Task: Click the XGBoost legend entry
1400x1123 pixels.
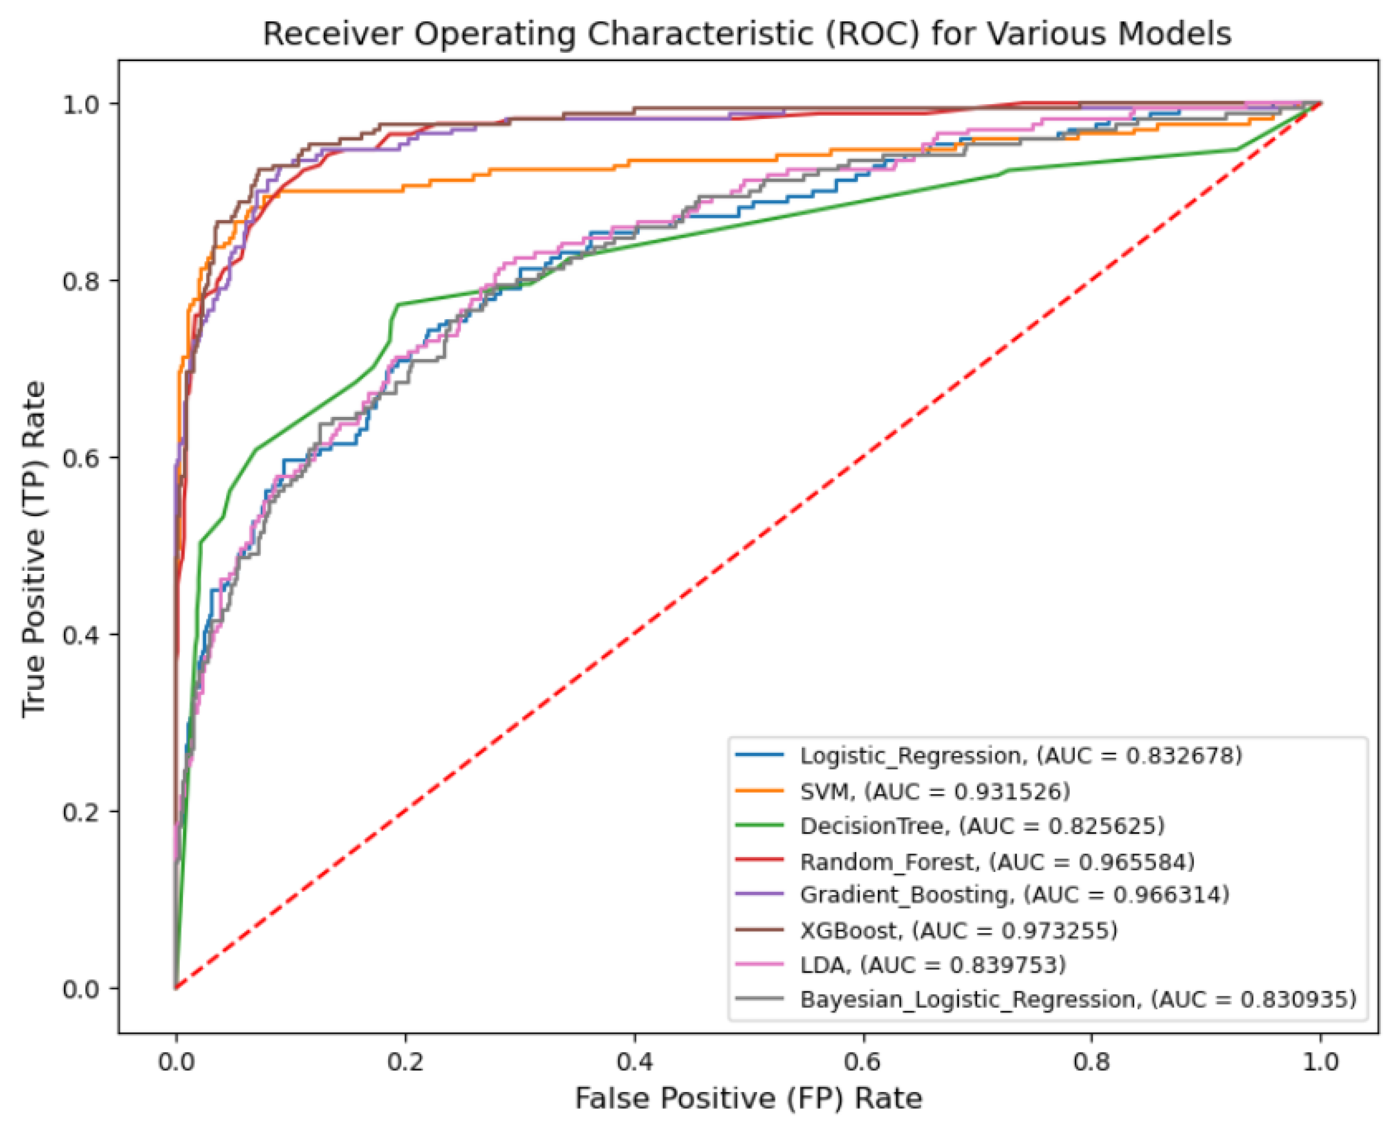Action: pyautogui.click(x=958, y=930)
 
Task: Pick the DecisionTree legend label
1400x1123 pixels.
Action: pyautogui.click(x=870, y=826)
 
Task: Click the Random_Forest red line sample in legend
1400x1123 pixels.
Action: pyautogui.click(x=760, y=860)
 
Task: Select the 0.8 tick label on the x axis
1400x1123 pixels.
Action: pyautogui.click(x=1092, y=1062)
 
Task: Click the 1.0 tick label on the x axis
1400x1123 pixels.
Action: pyautogui.click(x=1321, y=1062)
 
